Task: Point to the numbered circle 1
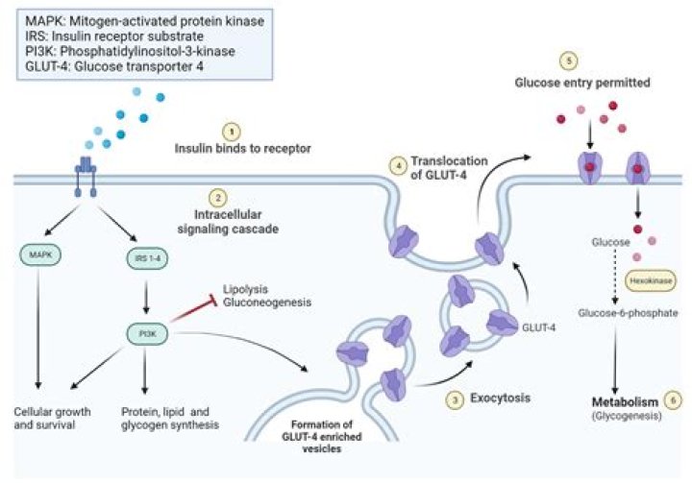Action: (x=229, y=131)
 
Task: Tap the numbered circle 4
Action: (x=396, y=165)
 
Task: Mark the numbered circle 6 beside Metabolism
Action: (x=672, y=398)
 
